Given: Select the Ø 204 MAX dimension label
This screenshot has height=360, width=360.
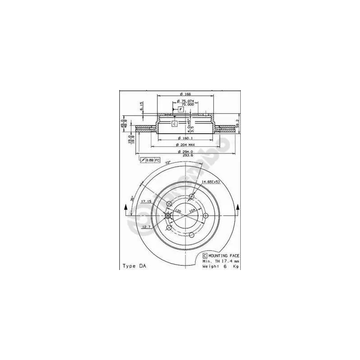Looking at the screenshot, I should (x=185, y=145).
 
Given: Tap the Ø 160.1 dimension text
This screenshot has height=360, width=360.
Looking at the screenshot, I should (x=185, y=138).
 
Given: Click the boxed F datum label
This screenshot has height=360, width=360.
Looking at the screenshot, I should (x=180, y=109).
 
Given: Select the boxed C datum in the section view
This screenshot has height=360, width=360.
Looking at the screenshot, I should (x=175, y=123).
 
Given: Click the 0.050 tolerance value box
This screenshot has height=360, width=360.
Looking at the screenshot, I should (x=151, y=160).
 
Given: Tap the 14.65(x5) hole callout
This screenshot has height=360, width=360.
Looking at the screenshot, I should (x=210, y=181).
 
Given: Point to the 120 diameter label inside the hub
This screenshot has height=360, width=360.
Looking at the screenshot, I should (x=178, y=211).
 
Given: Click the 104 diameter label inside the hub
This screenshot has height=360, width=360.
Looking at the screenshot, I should (x=193, y=211).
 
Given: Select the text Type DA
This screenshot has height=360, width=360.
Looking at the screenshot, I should (x=135, y=266).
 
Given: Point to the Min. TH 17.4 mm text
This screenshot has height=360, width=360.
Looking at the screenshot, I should (x=220, y=261).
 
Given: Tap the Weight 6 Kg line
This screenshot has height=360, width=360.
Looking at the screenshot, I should (x=220, y=266).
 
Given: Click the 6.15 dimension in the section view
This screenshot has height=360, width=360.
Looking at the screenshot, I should (x=141, y=106).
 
